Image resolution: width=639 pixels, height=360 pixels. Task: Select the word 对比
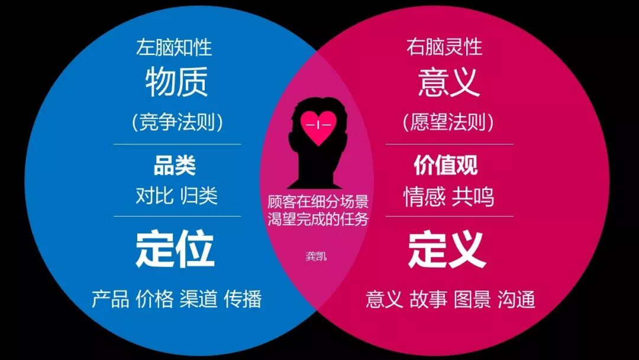pos(154,196)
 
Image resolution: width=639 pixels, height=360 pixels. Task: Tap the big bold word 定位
pos(175,249)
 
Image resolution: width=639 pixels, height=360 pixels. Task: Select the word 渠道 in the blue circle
pos(199,298)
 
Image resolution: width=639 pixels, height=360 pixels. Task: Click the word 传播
pos(243,298)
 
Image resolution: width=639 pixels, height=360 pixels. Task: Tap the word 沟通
pos(516,299)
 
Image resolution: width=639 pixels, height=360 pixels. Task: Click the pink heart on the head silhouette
pos(318,126)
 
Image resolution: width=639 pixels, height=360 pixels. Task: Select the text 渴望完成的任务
pos(318,219)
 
